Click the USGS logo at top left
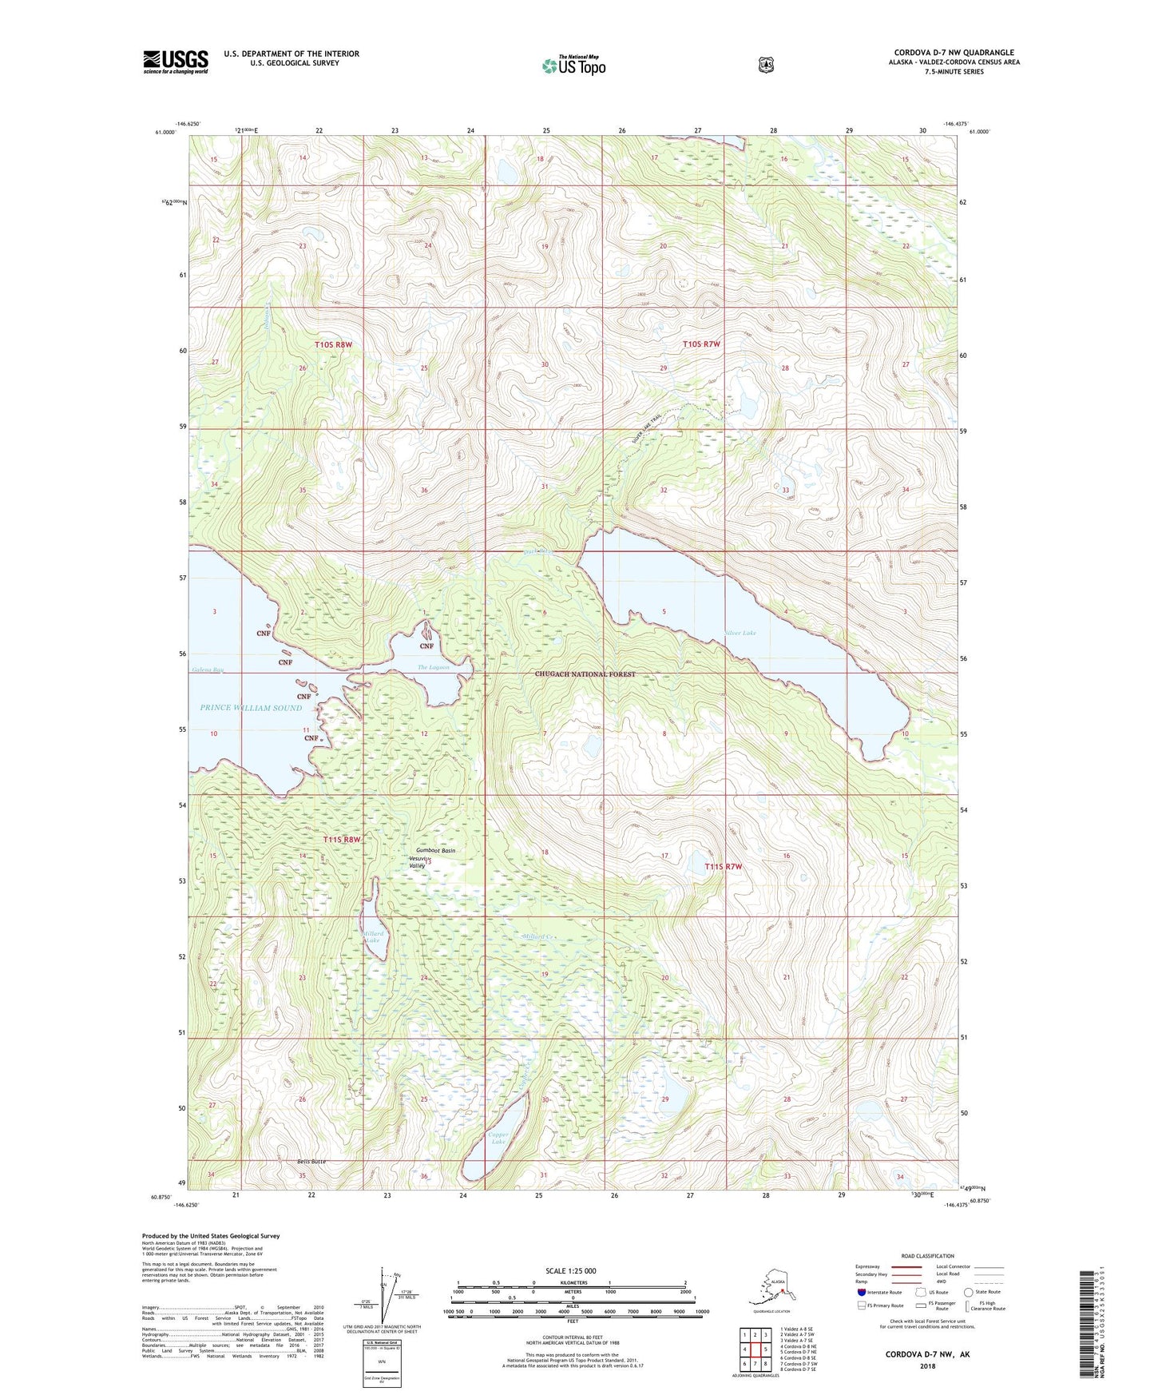[x=176, y=62]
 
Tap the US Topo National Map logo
[x=573, y=65]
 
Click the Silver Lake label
[x=740, y=633]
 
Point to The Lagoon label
[x=434, y=667]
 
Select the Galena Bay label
[x=207, y=670]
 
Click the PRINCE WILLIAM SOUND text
[x=251, y=708]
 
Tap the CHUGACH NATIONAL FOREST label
[x=585, y=674]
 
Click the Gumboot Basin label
[x=436, y=851]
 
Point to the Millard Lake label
[x=373, y=937]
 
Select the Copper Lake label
[x=498, y=1138]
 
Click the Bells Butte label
[x=311, y=1162]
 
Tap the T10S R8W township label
[x=333, y=344]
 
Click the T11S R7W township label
[x=724, y=867]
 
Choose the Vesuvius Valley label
[x=418, y=862]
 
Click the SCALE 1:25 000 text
[x=570, y=1271]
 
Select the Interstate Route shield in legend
[x=861, y=1292]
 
